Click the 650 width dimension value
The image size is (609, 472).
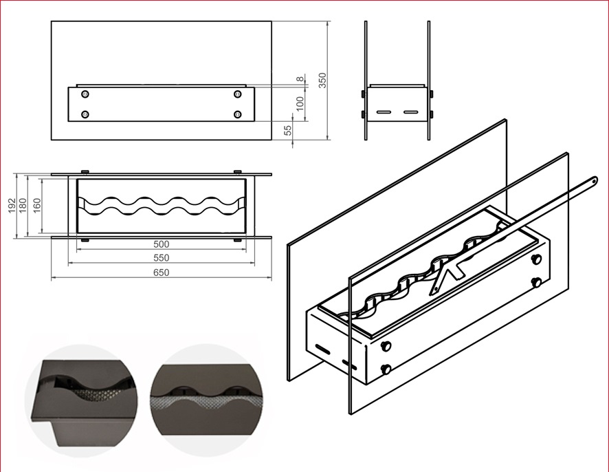point(161,272)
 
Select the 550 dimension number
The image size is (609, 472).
point(161,258)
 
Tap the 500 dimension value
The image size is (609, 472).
point(161,244)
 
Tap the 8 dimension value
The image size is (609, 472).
point(300,80)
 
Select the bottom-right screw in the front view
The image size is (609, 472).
point(238,114)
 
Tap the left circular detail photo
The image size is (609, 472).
point(80,400)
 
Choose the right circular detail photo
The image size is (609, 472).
point(207,400)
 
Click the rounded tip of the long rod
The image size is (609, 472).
point(592,181)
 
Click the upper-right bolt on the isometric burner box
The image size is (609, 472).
point(537,259)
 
